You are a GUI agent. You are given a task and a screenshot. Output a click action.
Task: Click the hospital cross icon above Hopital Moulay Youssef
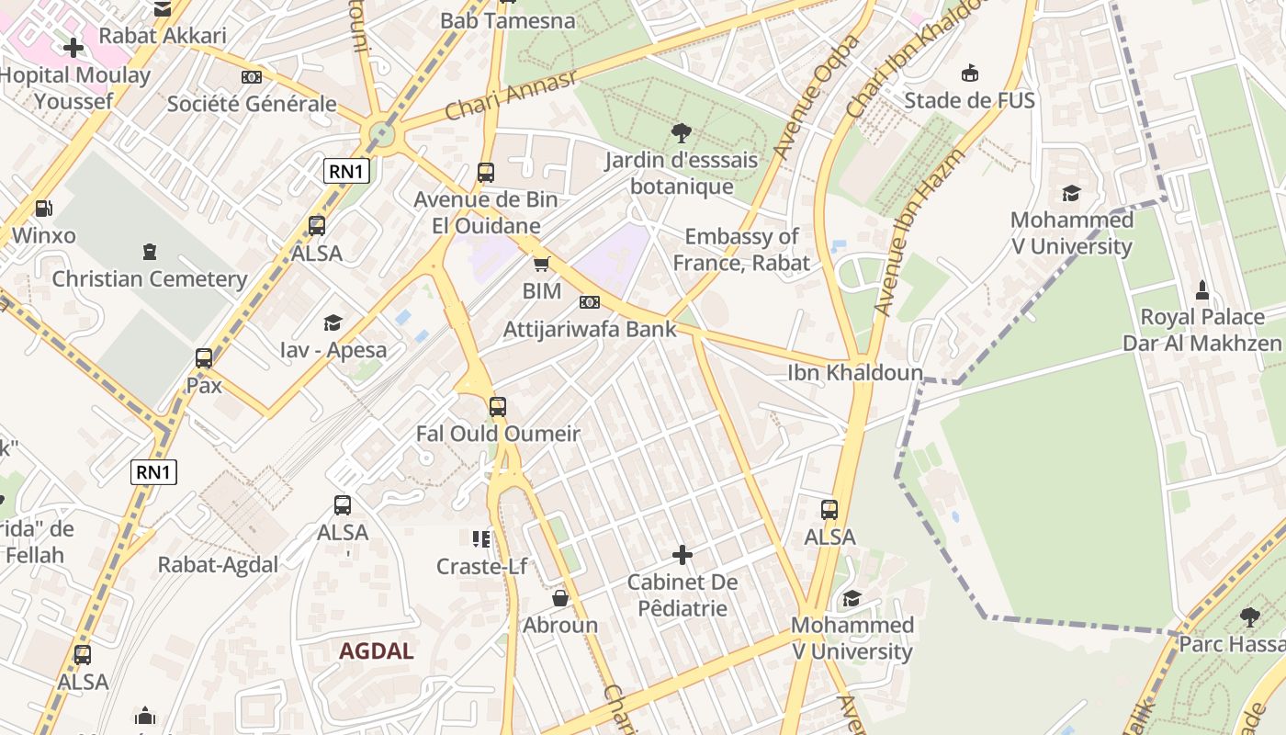click(x=73, y=47)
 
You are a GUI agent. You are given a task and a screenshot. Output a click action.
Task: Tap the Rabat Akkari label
click(x=163, y=36)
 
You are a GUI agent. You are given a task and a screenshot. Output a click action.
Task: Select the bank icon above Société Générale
click(x=251, y=77)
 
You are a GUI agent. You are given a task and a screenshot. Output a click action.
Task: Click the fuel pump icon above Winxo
click(x=43, y=209)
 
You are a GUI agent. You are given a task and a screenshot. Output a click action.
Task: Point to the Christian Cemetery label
click(x=150, y=279)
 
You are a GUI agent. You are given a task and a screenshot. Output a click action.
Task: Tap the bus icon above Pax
click(x=204, y=358)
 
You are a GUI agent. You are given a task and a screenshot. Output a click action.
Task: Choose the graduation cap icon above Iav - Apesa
click(x=333, y=322)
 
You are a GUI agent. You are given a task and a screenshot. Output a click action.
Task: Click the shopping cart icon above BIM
click(x=541, y=265)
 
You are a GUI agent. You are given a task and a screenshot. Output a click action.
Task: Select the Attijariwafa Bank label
click(x=590, y=329)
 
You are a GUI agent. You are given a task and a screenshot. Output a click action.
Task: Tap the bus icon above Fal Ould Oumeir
click(x=498, y=406)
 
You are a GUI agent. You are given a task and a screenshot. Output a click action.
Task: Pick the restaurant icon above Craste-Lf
click(x=481, y=539)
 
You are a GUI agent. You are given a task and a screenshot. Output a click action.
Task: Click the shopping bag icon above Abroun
click(x=560, y=598)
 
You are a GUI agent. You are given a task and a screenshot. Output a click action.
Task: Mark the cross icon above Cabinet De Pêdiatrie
click(x=682, y=555)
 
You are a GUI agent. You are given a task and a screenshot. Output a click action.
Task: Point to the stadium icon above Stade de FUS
click(x=969, y=73)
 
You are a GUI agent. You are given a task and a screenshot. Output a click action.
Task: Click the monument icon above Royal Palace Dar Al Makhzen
click(x=1201, y=291)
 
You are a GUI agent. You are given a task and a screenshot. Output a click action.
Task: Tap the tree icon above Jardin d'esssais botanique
click(x=681, y=133)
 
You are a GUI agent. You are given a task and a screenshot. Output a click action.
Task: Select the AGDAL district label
click(x=376, y=651)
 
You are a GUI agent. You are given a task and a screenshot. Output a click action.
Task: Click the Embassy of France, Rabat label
click(x=741, y=250)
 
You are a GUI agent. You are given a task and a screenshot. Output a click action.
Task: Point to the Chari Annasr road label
click(x=511, y=95)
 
